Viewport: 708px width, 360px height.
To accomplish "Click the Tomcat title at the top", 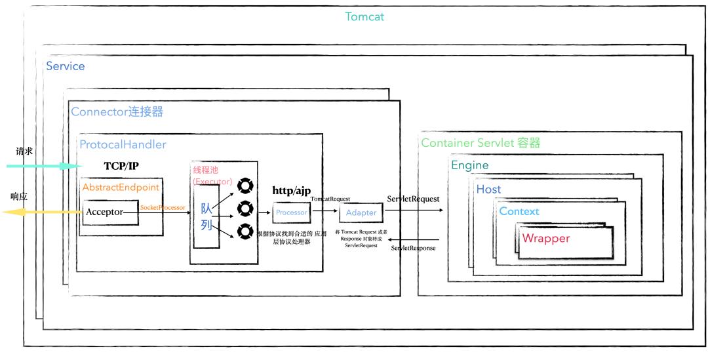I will (x=364, y=16).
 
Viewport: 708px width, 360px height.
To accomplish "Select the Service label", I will (x=66, y=66).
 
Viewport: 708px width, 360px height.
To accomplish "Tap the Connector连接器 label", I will (x=117, y=111).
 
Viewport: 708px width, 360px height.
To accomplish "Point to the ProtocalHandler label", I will (x=123, y=144).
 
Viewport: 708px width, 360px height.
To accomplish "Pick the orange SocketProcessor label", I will (x=163, y=207).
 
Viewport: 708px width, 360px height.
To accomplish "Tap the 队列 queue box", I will (x=206, y=222).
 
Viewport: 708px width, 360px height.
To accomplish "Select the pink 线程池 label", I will (x=206, y=170).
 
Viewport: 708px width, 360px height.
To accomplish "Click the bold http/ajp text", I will (x=292, y=190).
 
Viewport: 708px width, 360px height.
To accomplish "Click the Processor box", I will (x=292, y=212).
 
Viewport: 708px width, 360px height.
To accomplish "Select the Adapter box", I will (x=361, y=212).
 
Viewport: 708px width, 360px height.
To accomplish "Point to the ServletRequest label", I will (x=413, y=199).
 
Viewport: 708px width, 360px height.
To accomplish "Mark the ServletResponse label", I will (x=413, y=249).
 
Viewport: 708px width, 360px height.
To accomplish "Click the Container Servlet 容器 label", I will (x=481, y=143).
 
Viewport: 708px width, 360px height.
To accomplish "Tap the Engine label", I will (x=469, y=165).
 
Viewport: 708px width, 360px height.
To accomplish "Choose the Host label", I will (x=488, y=190).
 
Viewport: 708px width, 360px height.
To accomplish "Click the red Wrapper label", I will (x=545, y=238).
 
